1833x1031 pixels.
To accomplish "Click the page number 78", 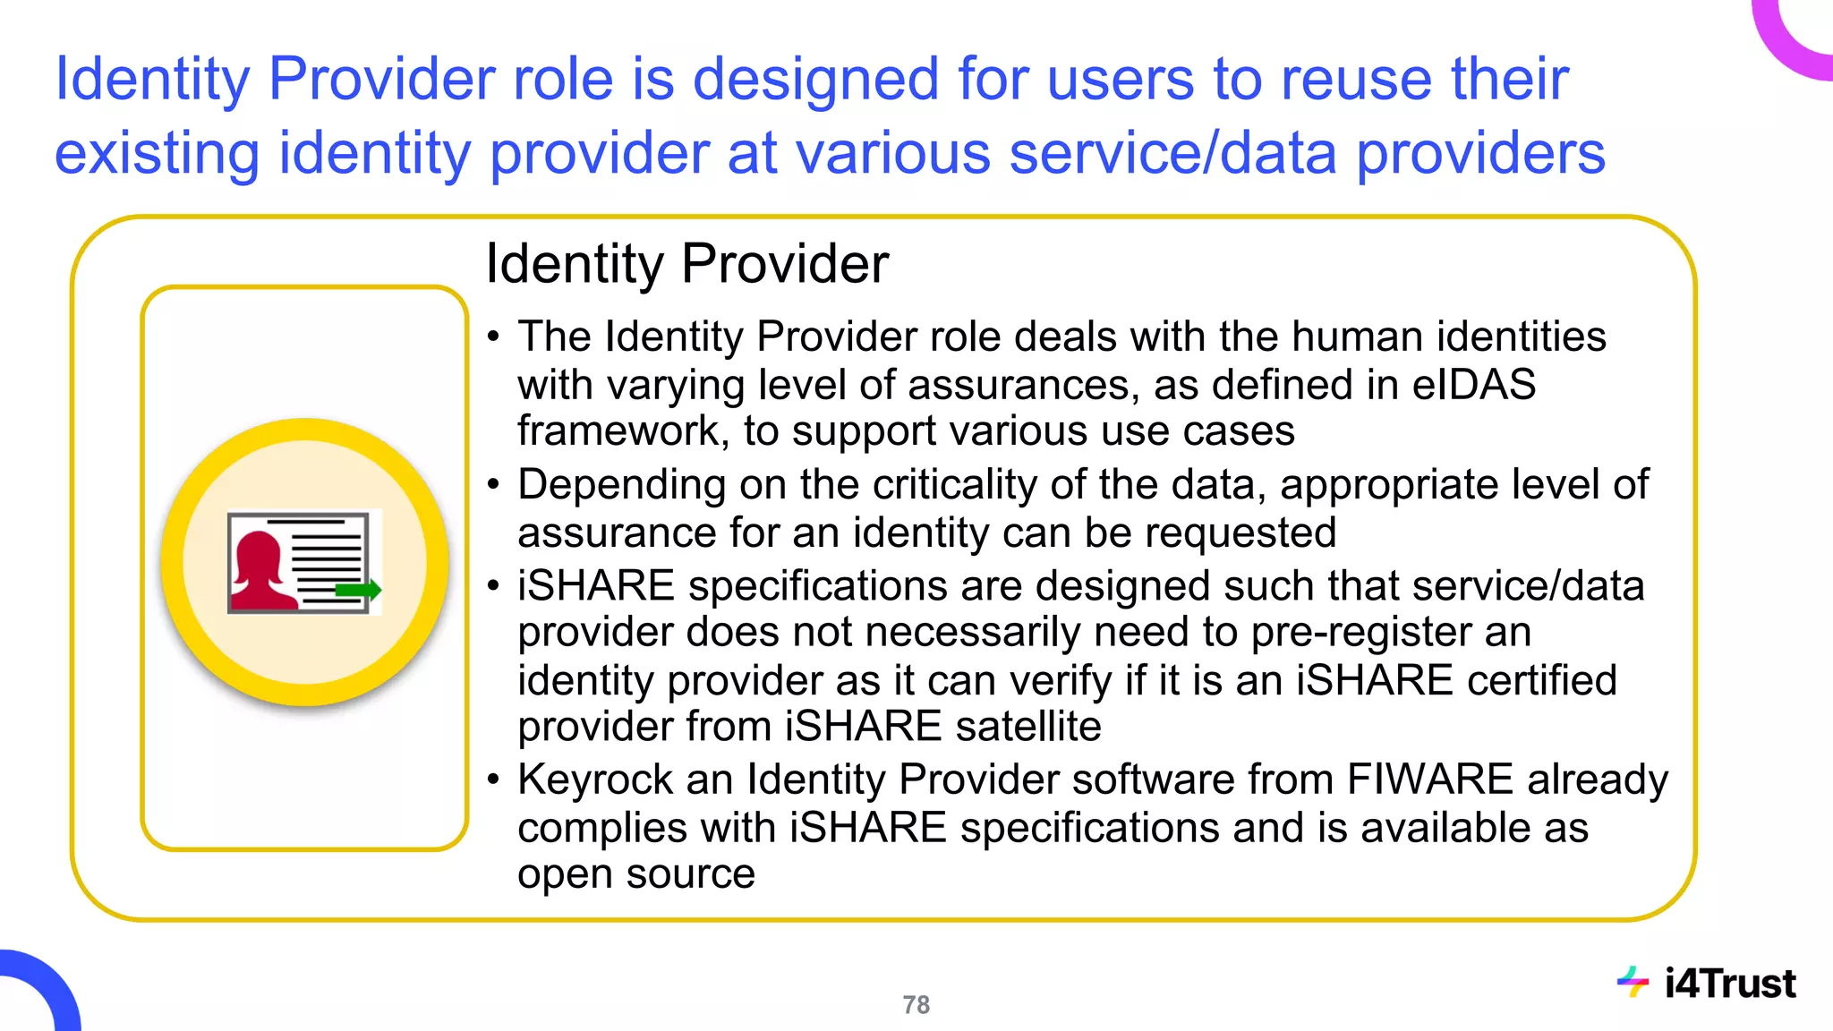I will (916, 1005).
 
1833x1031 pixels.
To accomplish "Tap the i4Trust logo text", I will (1729, 984).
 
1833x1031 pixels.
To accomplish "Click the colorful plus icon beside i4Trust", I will (1633, 982).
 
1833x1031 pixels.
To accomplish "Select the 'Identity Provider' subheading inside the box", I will (686, 264).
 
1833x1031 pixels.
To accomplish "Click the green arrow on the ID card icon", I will (358, 589).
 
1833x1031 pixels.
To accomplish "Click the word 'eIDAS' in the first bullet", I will (1473, 385).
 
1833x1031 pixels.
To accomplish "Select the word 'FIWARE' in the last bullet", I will (1429, 780).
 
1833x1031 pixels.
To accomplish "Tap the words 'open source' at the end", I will (636, 874).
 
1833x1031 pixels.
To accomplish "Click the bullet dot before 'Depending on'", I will (493, 485).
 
